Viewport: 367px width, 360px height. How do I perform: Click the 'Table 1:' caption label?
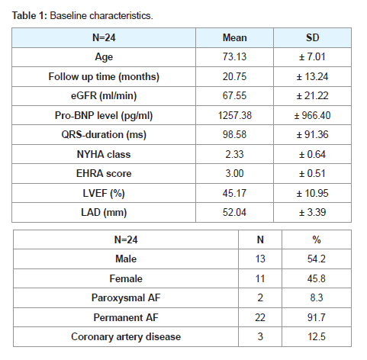(x=30, y=16)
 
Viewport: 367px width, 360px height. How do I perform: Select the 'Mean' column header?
(x=234, y=38)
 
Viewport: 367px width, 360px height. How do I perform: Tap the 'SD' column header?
(x=312, y=38)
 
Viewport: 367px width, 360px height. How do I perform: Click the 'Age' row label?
(x=104, y=57)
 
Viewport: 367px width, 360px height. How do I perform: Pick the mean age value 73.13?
(x=234, y=56)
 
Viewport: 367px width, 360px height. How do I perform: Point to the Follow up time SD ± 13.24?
(x=312, y=76)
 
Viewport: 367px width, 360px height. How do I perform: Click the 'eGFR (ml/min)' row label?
(x=104, y=96)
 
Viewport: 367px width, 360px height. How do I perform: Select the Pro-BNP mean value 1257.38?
(x=234, y=115)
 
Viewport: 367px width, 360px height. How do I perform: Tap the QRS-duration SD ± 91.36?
(x=312, y=135)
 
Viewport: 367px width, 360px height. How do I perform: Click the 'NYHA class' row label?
(x=104, y=155)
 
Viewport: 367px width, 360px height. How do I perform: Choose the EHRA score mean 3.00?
(x=234, y=174)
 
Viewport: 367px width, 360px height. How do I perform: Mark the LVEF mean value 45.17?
(x=234, y=193)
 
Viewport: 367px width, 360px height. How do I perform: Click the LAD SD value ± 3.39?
(x=312, y=212)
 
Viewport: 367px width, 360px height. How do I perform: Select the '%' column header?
(x=317, y=239)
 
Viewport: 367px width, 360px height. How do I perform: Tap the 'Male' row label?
(x=126, y=259)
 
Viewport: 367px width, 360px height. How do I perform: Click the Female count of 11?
(x=260, y=278)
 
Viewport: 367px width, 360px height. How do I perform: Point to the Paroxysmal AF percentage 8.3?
(x=317, y=297)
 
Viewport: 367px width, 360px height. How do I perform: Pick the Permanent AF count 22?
(x=260, y=317)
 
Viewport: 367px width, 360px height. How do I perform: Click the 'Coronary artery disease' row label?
(x=126, y=337)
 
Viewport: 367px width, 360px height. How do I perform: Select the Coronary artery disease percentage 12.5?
(x=317, y=337)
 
